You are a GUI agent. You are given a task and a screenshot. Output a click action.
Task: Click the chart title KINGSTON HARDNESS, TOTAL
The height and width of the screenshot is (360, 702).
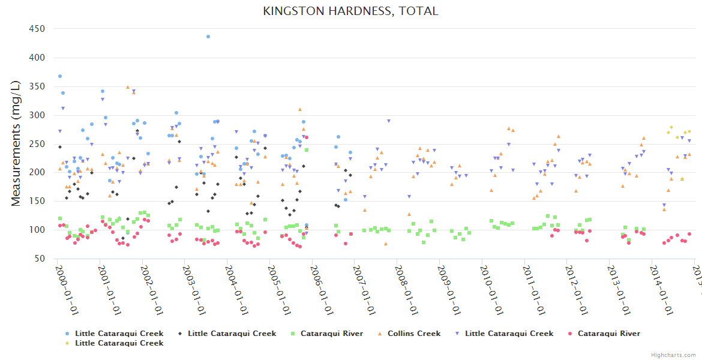click(x=350, y=11)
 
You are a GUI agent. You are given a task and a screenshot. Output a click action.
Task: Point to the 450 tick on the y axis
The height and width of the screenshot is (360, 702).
click(x=37, y=29)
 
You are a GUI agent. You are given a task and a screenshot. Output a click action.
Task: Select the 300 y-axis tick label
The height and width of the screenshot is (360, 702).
click(x=37, y=115)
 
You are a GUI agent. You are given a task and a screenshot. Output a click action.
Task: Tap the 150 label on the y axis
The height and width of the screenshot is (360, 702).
click(x=37, y=202)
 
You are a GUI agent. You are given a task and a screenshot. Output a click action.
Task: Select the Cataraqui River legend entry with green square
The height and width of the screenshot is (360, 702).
click(x=332, y=334)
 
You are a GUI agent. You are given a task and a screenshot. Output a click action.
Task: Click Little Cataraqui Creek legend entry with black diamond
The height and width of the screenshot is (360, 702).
click(x=232, y=334)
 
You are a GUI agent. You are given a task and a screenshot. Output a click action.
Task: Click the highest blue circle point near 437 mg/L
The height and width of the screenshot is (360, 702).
click(x=208, y=37)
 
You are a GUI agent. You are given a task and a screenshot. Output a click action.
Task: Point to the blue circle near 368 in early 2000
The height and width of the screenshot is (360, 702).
click(x=60, y=76)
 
